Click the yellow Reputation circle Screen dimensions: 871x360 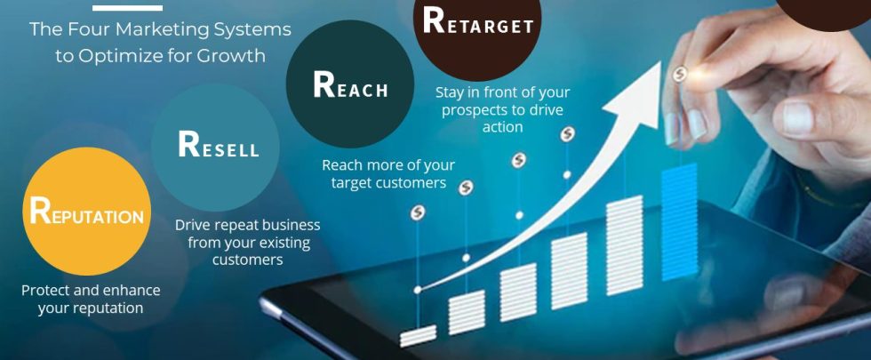(87, 212)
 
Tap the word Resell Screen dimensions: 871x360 (219, 145)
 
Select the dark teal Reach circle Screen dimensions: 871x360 (350, 84)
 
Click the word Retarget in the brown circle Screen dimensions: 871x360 (478, 21)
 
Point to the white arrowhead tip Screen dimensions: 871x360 (660, 62)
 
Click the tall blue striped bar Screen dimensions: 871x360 (679, 221)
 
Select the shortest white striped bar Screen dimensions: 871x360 (419, 336)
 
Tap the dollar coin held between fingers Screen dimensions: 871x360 (680, 74)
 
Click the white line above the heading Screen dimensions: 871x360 (127, 8)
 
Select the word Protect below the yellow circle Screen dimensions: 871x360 (44, 290)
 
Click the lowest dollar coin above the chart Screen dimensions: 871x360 (418, 212)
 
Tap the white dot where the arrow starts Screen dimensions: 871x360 (418, 290)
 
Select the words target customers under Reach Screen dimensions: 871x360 (389, 183)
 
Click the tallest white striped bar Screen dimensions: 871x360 (625, 245)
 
